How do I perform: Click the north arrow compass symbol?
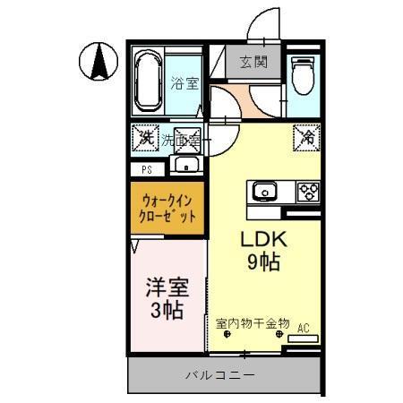tap(99, 62)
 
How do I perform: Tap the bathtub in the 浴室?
tap(149, 80)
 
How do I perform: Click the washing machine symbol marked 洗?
tap(144, 138)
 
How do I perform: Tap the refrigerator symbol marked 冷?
tap(306, 138)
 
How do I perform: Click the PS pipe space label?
tap(146, 168)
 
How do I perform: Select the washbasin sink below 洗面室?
tap(187, 164)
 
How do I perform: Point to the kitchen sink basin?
tap(265, 190)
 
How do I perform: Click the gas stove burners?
tap(308, 190)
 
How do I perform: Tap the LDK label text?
tap(262, 240)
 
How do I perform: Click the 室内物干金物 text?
tap(253, 322)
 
